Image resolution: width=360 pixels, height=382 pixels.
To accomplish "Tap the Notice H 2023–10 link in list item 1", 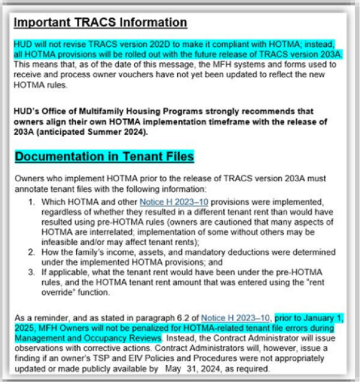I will (x=168, y=202).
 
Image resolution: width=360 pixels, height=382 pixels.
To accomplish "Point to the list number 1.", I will (x=31, y=202).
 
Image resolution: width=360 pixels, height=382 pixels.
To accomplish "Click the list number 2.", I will (x=31, y=252).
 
